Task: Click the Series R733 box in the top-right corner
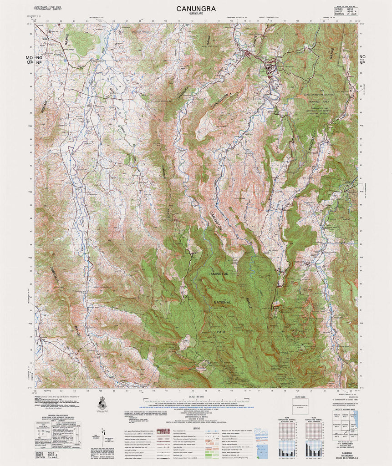coord(345,10)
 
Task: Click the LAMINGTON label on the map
coord(218,274)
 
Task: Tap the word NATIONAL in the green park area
coord(223,302)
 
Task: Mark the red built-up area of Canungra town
coord(271,68)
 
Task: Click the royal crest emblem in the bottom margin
coord(103,404)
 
